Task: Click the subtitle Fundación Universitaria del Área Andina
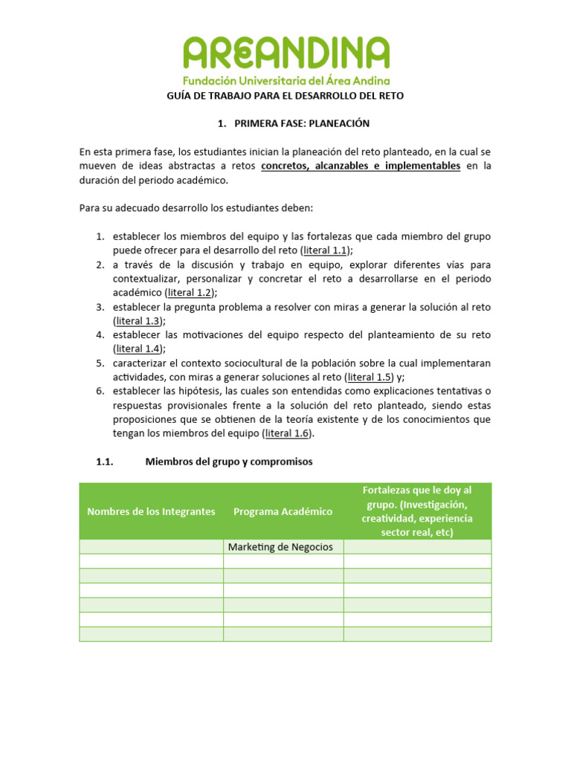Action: pos(286,80)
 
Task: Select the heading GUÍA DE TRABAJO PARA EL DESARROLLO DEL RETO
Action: pos(285,96)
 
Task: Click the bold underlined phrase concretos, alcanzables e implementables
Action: pos(361,166)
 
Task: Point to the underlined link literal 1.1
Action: pos(325,250)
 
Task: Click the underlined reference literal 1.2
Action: pos(189,293)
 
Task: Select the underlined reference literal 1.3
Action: pos(138,321)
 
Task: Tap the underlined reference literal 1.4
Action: pos(138,349)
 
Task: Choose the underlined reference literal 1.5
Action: pos(369,377)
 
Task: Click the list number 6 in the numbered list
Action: pos(99,391)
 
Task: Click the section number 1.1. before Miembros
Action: pos(104,462)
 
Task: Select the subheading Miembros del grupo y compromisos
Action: pos(229,462)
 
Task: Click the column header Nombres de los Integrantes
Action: pos(151,511)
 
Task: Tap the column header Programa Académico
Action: pos(283,511)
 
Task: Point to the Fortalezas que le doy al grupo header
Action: pos(416,511)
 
